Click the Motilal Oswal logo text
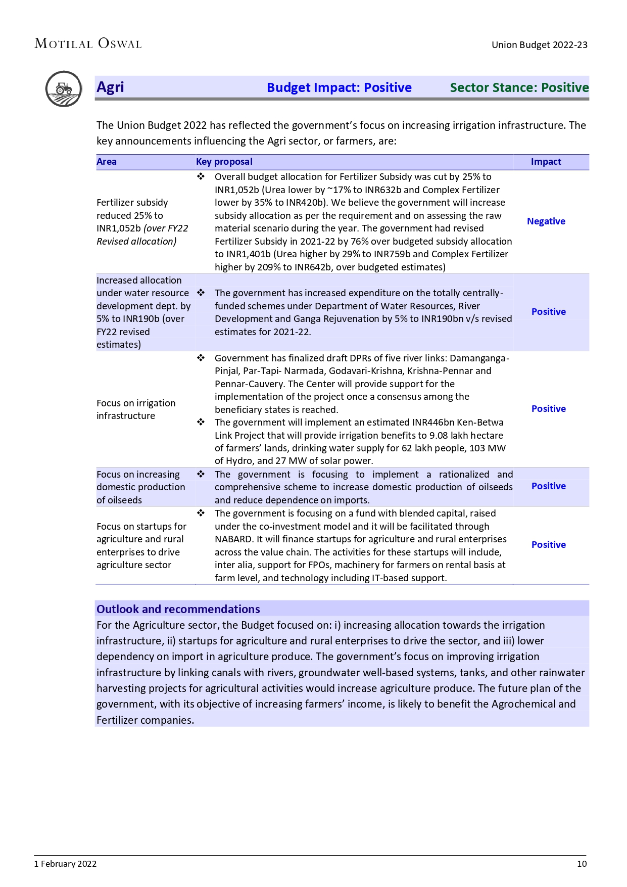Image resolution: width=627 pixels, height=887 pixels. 88,44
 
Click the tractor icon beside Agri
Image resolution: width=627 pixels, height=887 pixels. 64,89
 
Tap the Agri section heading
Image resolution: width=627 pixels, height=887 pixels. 110,87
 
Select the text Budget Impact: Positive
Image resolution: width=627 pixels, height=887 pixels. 339,88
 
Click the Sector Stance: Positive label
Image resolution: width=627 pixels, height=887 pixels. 519,88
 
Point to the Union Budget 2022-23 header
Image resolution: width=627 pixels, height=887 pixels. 539,45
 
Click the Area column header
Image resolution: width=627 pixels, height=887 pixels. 107,162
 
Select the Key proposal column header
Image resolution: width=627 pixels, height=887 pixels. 224,162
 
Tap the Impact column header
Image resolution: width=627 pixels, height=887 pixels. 546,162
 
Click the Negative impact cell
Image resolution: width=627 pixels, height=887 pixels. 546,221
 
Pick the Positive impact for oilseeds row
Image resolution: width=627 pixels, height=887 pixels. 548,486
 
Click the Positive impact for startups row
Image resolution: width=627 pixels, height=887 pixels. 548,545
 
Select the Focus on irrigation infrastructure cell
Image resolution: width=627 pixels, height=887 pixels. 136,409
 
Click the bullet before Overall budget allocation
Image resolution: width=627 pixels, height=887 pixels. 201,177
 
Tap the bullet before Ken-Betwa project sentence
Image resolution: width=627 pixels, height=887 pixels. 201,423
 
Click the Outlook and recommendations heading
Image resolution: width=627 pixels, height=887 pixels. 178,609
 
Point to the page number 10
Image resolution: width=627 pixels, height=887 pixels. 582,864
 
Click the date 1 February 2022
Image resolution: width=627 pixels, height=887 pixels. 65,864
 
